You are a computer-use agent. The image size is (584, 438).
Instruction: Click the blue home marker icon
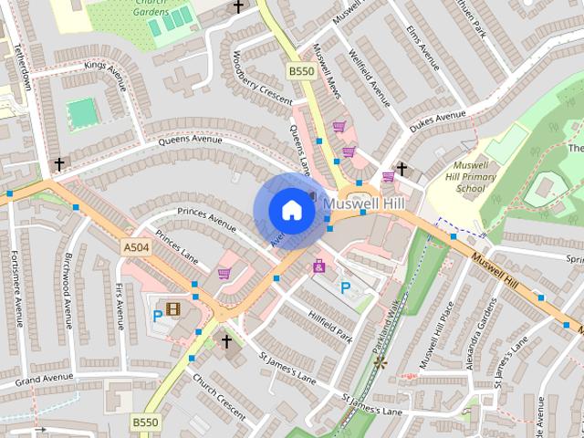[291, 210]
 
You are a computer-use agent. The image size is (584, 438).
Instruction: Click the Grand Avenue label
[43, 378]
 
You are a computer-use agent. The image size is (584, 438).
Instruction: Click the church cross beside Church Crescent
[226, 341]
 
